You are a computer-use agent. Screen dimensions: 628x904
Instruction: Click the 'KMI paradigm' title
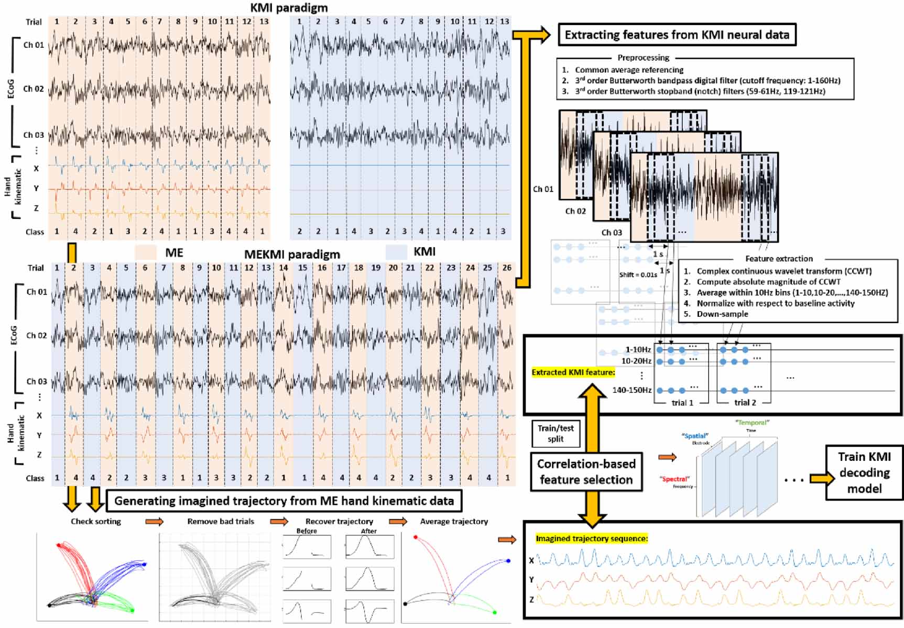click(289, 8)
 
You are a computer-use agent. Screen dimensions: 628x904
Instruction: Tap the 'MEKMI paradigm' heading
click(292, 255)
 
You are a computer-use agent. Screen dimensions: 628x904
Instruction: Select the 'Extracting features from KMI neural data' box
click(677, 35)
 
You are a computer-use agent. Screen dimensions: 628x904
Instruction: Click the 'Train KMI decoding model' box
click(864, 472)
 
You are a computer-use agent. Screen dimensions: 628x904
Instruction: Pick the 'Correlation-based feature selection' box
click(586, 471)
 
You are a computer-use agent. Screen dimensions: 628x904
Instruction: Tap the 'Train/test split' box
click(556, 433)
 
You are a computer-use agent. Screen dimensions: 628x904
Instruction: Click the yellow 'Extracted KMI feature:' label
click(573, 372)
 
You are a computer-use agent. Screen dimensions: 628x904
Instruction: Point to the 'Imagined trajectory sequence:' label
click(592, 538)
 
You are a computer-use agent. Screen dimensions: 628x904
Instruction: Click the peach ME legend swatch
click(146, 252)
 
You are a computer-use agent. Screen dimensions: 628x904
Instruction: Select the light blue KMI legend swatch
click(396, 252)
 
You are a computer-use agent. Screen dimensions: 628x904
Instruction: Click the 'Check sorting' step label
click(96, 522)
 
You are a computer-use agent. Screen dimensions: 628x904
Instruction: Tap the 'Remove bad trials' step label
click(221, 522)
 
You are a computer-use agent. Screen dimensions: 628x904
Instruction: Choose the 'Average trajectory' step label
click(454, 522)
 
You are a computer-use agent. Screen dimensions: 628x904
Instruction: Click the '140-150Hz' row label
click(632, 390)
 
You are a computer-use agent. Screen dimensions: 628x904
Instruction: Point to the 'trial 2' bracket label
click(745, 402)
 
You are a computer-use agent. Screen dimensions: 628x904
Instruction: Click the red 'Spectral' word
click(674, 479)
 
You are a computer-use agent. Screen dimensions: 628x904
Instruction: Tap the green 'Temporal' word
click(751, 423)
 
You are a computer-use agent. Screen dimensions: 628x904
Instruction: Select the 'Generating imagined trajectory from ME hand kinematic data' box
click(284, 501)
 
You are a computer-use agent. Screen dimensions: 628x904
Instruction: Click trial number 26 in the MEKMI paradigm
click(507, 268)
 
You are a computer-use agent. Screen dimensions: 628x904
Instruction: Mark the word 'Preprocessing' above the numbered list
click(643, 58)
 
